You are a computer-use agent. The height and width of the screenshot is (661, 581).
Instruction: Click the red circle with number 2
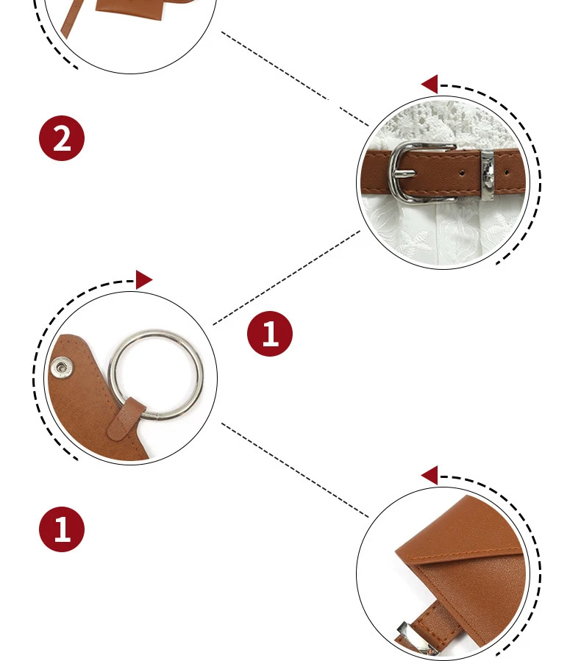pos(62,138)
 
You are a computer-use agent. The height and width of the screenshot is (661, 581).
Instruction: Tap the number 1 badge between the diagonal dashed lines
pos(270,334)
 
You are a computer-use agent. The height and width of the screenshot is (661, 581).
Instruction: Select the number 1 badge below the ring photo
pos(62,529)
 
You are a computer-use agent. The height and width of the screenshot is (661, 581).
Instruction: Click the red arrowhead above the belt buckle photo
pos(429,84)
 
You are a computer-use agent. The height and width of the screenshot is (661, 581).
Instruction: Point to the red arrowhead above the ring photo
pos(143,280)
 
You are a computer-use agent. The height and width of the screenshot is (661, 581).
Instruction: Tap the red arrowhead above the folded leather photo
pos(429,475)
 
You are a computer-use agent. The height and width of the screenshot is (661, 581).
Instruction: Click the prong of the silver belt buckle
pos(404,174)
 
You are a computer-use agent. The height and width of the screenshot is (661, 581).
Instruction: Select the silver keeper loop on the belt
pos(488,176)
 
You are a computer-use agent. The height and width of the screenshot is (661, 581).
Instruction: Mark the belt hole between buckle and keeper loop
pos(462,173)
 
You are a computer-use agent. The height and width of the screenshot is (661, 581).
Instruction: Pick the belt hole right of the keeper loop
pos(506,172)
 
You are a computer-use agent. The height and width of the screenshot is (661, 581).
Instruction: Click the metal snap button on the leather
pos(61,368)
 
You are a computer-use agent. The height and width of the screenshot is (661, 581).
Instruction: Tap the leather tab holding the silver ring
pos(126,418)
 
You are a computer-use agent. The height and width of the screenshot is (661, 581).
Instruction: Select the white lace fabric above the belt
pos(443,124)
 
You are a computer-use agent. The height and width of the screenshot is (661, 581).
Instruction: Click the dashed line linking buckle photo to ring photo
pos(287,277)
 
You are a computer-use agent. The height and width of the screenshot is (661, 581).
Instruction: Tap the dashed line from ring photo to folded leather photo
pos(295,470)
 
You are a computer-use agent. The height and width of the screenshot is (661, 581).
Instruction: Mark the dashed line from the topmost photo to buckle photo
pos(295,79)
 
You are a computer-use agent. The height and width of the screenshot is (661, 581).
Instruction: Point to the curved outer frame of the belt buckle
pos(391,173)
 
